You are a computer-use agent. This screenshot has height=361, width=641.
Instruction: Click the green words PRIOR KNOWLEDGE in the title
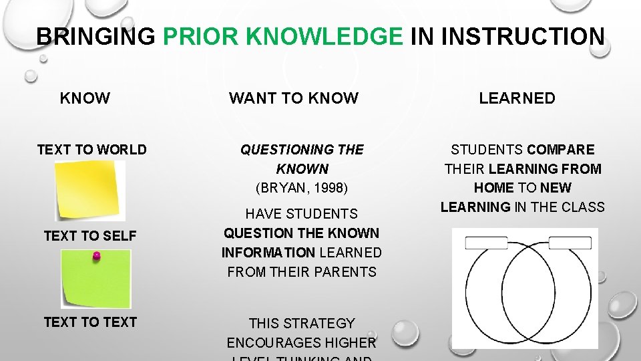pos(283,36)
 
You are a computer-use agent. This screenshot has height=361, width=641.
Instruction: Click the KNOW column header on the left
pos(85,98)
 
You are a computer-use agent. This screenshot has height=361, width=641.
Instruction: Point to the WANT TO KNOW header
pos(294,98)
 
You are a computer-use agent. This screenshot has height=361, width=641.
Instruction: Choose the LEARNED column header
pos(517,98)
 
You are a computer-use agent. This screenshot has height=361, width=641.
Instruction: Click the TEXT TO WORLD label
pos(91,150)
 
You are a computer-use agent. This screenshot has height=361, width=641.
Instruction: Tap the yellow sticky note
pos(90,190)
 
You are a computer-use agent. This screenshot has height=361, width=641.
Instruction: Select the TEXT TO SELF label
pos(89,236)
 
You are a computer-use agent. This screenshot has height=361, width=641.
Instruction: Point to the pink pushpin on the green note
pos(96,256)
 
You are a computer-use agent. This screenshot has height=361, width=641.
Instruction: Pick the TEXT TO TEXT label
pos(90,322)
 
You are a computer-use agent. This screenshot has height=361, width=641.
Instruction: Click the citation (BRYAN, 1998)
pos(302,188)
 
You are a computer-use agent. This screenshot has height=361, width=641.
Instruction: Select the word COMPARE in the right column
pos(560,150)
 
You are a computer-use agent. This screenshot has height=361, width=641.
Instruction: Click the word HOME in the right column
pos(494,188)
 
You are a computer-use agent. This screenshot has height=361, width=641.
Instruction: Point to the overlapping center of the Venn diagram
pos(525,294)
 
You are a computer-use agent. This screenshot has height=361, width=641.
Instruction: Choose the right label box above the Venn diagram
pos(570,243)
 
